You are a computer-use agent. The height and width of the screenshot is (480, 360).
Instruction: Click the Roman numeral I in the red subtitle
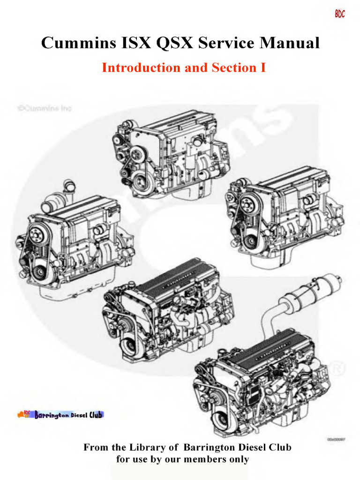pos(262,67)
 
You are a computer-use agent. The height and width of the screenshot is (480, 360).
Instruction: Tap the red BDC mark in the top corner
pos(340,14)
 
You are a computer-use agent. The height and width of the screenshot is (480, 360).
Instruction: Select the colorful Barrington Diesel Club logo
pos(61,414)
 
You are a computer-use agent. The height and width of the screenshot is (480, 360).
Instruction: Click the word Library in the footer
pos(158,447)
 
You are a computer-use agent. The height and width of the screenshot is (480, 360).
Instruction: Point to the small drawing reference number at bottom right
pos(337,439)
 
